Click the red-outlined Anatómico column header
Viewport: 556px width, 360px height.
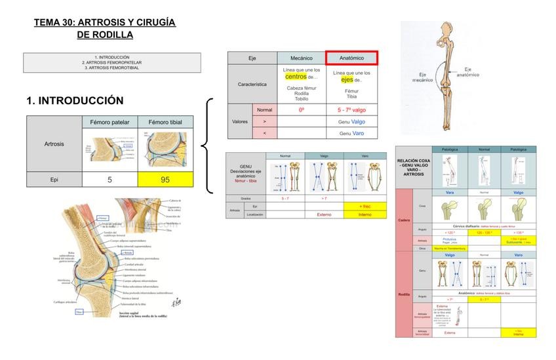351,58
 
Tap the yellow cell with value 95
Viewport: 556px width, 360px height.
165,180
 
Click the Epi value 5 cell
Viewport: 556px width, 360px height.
109,180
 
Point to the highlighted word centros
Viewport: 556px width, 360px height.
296,77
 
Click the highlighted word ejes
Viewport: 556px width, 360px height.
347,79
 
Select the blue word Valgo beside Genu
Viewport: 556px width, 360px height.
358,121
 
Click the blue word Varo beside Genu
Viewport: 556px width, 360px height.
358,133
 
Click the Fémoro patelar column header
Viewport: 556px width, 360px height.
109,122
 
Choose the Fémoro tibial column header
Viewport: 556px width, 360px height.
165,122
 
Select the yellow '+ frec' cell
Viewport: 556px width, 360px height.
365,207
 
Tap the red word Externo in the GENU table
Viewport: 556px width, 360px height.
324,214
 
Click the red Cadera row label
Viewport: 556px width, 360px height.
404,220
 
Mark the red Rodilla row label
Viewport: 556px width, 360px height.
404,294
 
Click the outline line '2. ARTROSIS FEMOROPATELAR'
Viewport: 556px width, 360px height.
111,62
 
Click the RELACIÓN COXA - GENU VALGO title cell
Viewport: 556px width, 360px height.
413,167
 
